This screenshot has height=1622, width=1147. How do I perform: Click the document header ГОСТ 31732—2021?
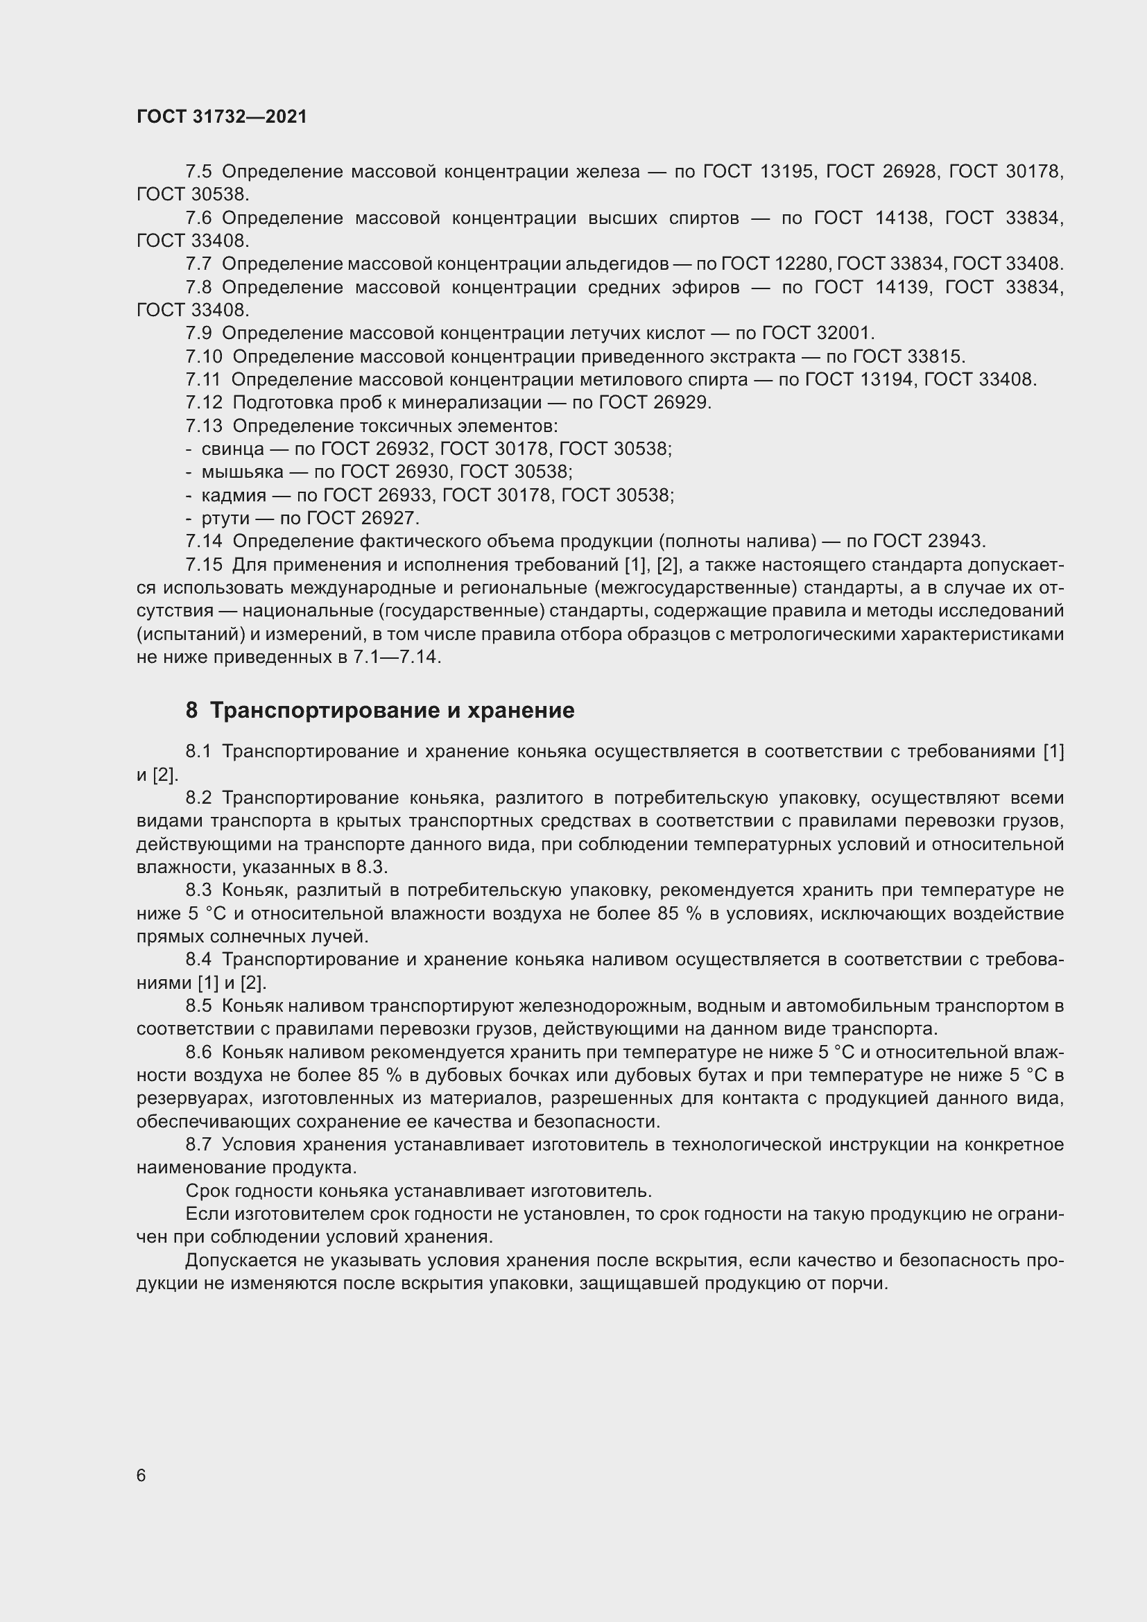coord(222,117)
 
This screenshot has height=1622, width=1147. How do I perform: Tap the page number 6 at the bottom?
coord(141,1475)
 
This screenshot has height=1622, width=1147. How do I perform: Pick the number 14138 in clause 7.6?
coord(902,218)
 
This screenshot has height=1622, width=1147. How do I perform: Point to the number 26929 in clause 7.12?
coord(682,402)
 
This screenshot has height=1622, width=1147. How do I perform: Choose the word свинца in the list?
coord(233,449)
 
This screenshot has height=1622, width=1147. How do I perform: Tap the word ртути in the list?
coord(225,518)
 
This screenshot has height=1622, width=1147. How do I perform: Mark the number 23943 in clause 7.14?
coord(956,541)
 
